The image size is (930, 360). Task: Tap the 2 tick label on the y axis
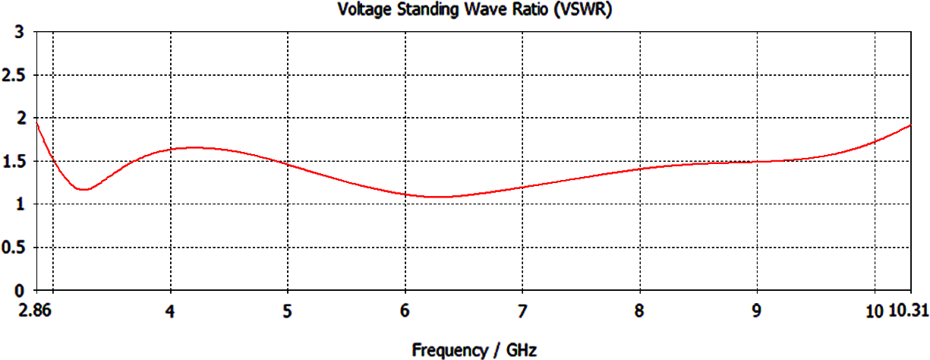(x=20, y=118)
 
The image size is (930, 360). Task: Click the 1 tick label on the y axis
(x=20, y=204)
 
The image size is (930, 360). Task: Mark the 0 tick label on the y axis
(x=20, y=291)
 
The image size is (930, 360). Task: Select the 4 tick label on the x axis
(x=171, y=312)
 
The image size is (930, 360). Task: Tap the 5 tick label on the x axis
(x=288, y=312)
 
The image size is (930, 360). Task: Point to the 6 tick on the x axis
(x=405, y=312)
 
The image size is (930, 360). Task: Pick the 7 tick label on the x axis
(x=522, y=312)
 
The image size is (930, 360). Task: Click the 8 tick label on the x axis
(x=640, y=312)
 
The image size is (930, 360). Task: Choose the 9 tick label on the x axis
(x=757, y=312)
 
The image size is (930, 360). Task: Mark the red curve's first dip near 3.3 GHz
(x=84, y=189)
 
